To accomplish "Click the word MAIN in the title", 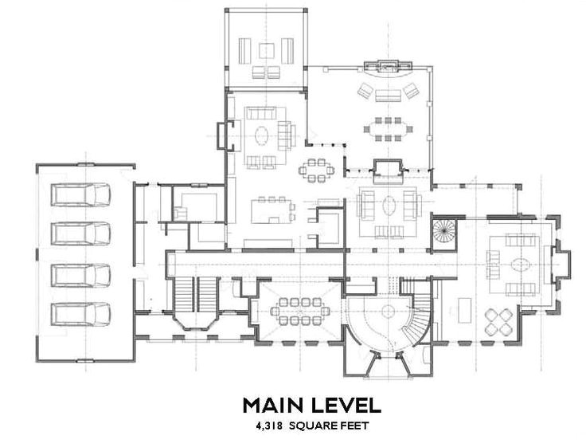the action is point(272,405).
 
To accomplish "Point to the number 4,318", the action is point(268,425).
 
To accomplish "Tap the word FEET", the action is point(354,425).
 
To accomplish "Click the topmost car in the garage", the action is point(80,194).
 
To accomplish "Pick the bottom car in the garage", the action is point(80,314).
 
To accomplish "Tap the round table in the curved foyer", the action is point(389,311).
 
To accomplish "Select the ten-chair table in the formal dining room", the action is point(300,311).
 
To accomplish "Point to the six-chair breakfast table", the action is point(317,171).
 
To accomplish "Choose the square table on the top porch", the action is point(266,51).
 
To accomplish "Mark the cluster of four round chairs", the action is point(498,322).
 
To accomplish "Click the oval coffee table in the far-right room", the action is point(521,265).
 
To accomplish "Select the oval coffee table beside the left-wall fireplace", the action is point(262,135).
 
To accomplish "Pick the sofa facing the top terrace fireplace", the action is point(389,96).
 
